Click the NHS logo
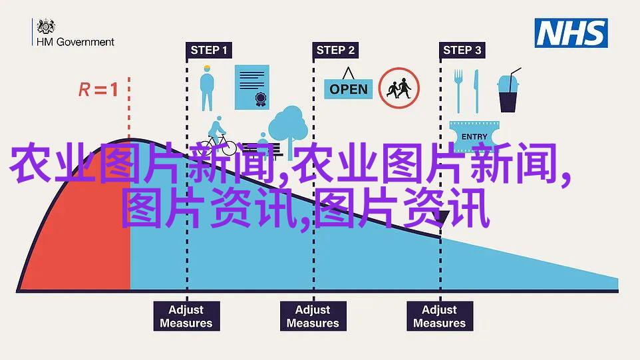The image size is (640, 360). click(x=571, y=33)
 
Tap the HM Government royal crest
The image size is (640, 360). click(x=46, y=27)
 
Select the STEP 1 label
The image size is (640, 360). click(x=209, y=50)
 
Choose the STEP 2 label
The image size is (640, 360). click(x=335, y=50)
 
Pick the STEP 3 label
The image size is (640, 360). click(x=462, y=50)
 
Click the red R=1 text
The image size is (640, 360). click(x=98, y=89)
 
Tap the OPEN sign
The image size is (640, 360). click(x=348, y=85)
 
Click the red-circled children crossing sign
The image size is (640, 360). click(x=399, y=88)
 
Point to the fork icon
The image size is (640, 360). click(x=458, y=91)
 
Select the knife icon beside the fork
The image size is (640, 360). click(x=476, y=91)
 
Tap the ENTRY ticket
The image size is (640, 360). click(x=474, y=136)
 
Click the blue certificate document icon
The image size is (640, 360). click(x=252, y=87)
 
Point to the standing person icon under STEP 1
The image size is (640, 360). click(x=207, y=88)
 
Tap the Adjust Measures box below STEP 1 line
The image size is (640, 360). click(x=186, y=316)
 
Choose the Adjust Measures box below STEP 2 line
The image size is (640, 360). click(x=313, y=316)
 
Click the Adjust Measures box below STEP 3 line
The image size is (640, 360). click(x=440, y=316)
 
